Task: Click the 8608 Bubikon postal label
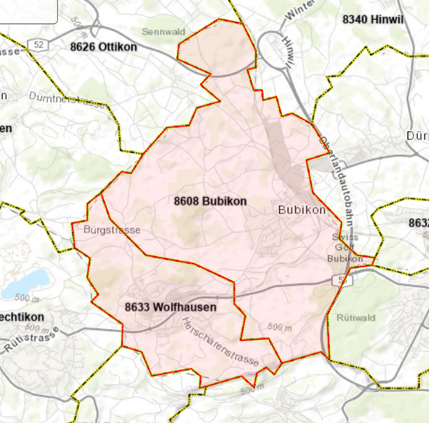pos(210,201)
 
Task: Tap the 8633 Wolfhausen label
pos(170,307)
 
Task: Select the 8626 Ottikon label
pos(102,47)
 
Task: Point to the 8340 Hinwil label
pos(373,17)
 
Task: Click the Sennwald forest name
pos(162,32)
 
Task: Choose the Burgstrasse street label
pos(111,230)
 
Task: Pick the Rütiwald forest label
pos(356,317)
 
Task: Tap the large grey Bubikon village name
pos(300,210)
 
